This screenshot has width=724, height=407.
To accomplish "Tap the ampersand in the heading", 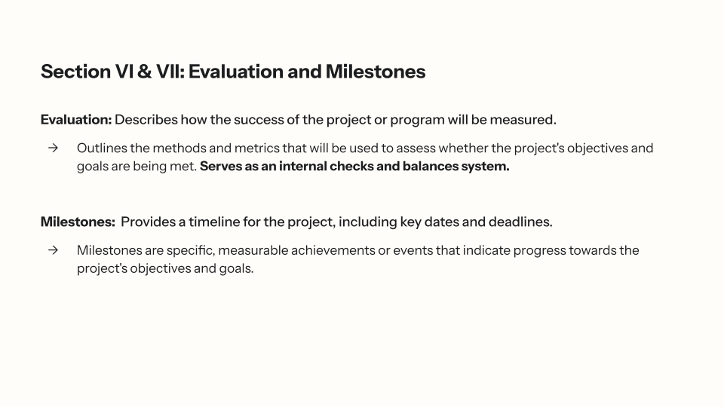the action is point(145,72).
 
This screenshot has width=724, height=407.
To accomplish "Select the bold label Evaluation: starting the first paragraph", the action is point(76,120).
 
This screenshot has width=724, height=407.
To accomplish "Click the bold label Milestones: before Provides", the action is point(78,222).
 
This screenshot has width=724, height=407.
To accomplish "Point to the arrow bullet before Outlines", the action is point(53,148).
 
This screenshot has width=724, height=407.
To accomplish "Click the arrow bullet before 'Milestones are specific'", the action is point(53,249).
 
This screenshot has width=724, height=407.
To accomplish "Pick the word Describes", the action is point(146,120).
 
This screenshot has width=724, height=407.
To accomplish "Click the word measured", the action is point(523,120).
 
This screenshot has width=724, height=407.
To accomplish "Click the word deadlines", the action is point(520,222).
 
